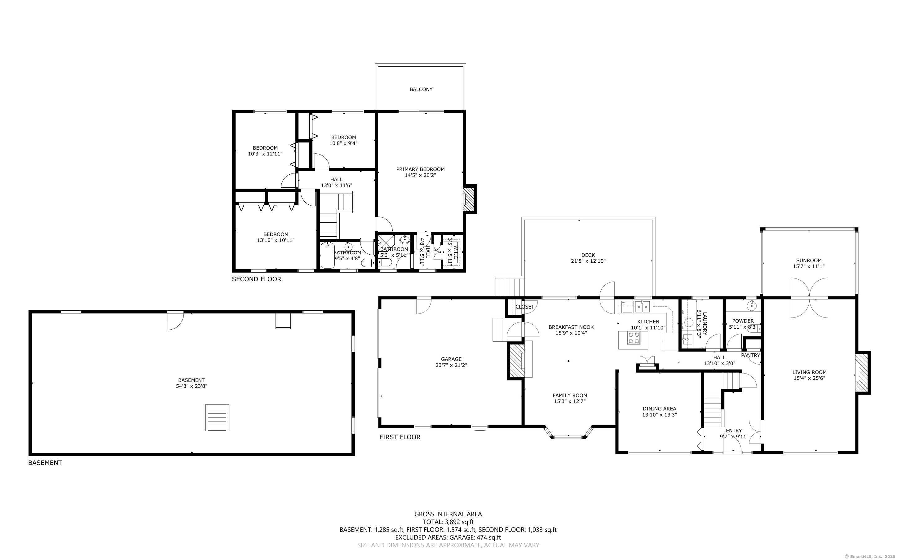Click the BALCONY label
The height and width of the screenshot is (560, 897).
tap(421, 89)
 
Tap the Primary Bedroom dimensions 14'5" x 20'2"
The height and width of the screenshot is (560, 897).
tap(420, 175)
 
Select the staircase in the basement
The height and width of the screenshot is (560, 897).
tap(217, 418)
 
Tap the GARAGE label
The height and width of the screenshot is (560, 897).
tap(451, 359)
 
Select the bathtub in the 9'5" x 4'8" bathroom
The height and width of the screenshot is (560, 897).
tap(327, 255)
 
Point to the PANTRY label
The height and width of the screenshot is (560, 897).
tap(750, 355)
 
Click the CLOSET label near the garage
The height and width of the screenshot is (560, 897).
tap(525, 307)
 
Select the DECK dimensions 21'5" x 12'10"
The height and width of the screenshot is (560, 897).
tap(588, 261)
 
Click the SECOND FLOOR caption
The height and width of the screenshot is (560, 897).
tap(256, 279)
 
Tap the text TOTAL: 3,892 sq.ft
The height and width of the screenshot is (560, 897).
tap(448, 522)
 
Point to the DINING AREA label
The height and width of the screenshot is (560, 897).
tap(659, 409)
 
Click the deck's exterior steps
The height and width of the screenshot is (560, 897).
tap(510, 287)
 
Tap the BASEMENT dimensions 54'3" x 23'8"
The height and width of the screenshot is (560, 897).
tap(191, 386)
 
